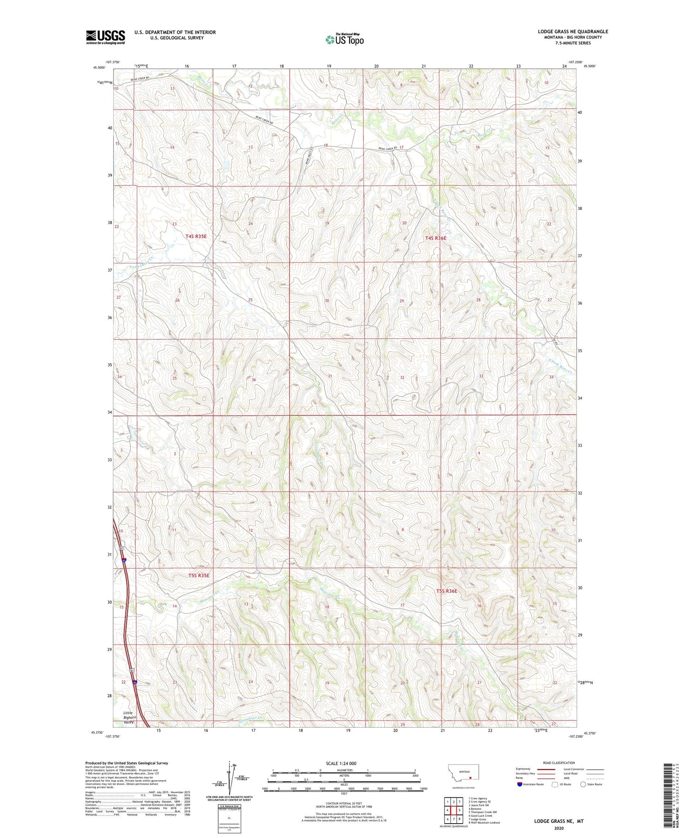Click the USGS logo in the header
(105, 37)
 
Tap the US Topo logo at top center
(345, 39)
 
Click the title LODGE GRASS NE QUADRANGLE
(572, 31)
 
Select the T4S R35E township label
(196, 236)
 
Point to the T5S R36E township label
(446, 591)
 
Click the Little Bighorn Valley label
(128, 717)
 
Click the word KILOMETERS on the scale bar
(344, 770)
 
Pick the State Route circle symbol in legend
(583, 784)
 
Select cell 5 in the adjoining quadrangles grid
(460, 810)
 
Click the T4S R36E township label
(436, 238)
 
